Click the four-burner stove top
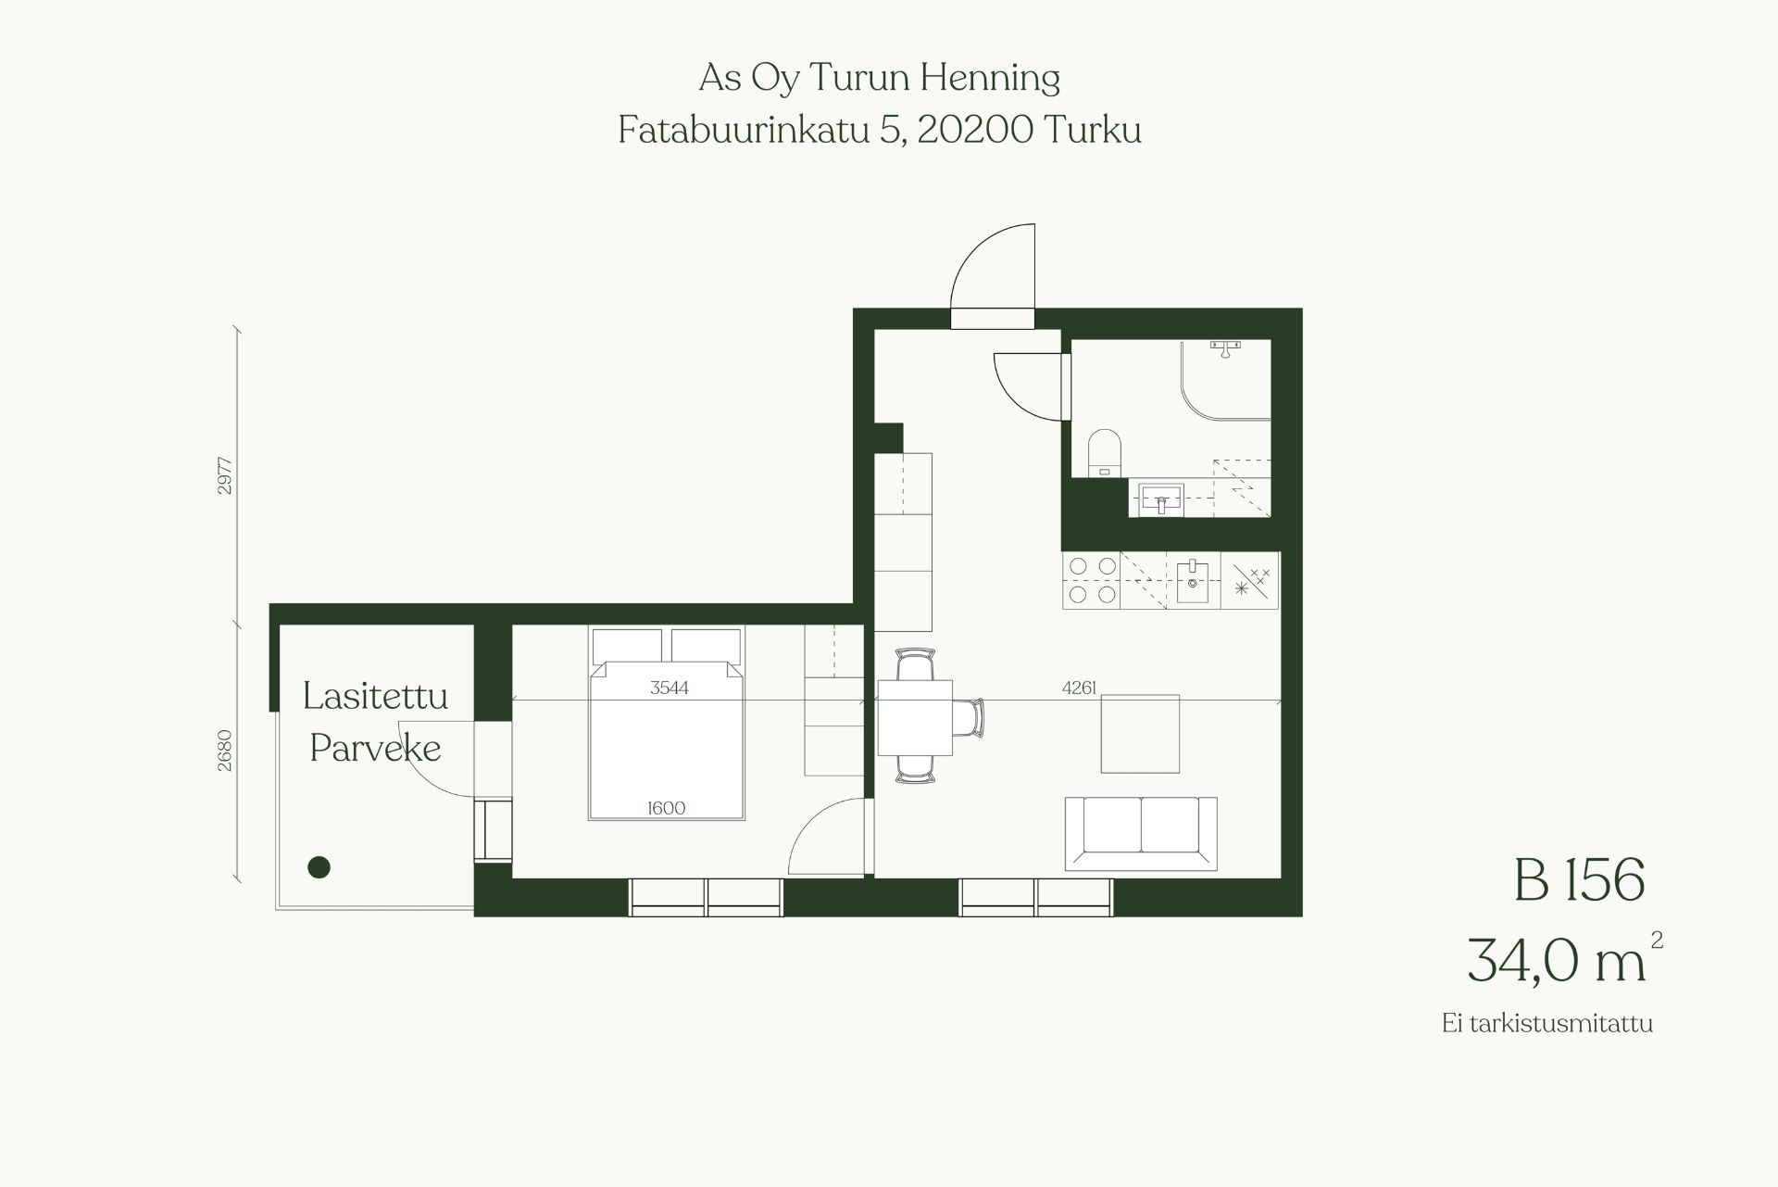pos(1092,580)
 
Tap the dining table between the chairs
pos(915,717)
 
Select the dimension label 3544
pos(669,688)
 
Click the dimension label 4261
pos(1080,688)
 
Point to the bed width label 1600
pos(666,808)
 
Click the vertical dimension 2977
pos(225,475)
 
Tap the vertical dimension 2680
pos(225,751)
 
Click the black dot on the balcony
pos(319,867)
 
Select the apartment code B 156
pos(1580,879)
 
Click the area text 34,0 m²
pos(1565,958)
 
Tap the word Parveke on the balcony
pos(375,748)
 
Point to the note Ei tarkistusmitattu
pos(1546,1024)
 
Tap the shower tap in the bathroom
pos(1226,347)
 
